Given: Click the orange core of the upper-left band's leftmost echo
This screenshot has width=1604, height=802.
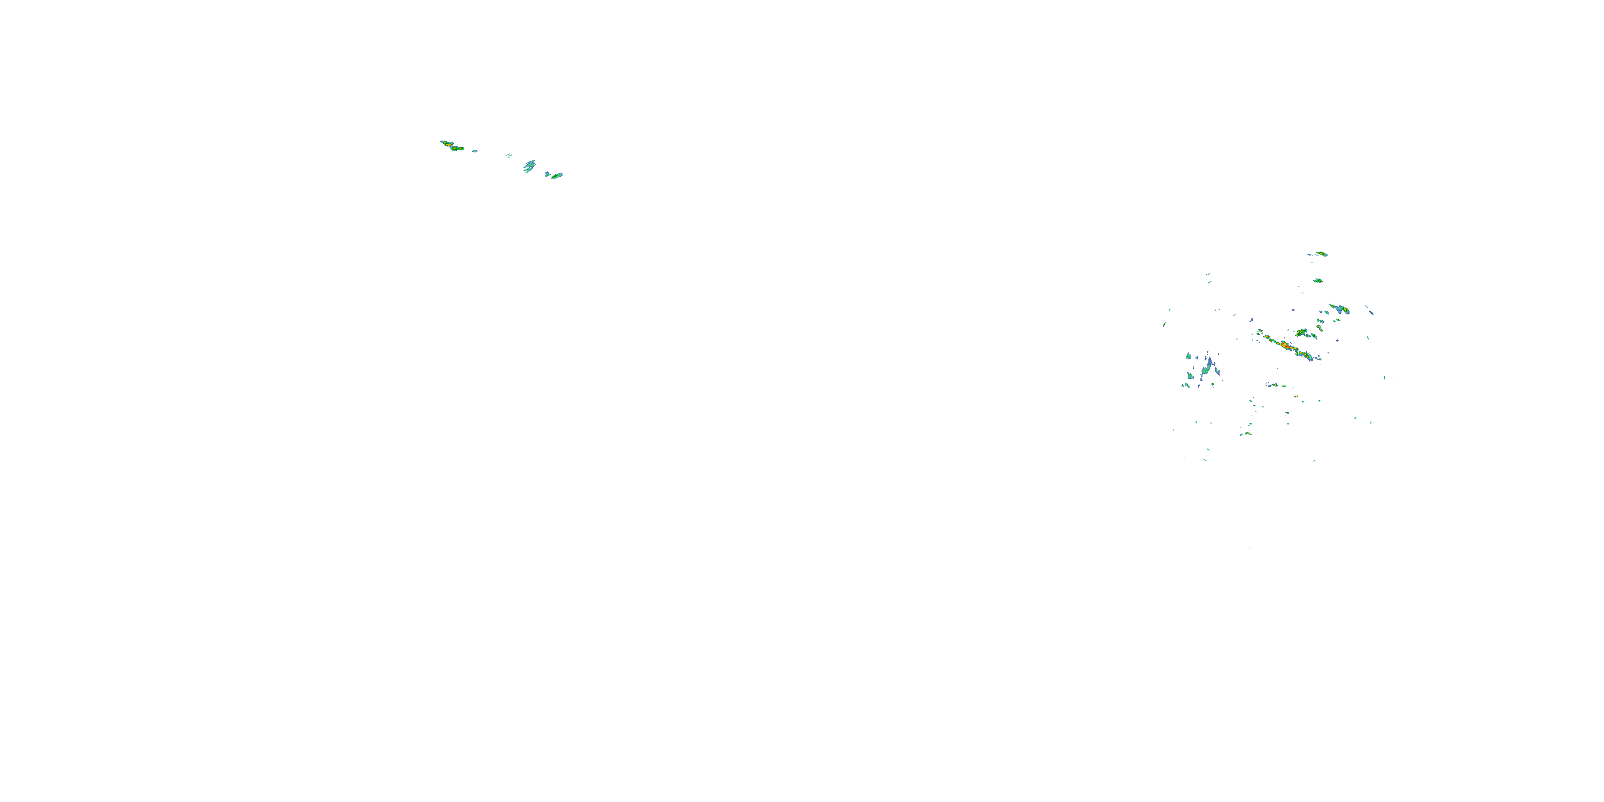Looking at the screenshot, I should [x=446, y=144].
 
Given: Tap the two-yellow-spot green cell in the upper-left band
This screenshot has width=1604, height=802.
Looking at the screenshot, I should [x=457, y=149].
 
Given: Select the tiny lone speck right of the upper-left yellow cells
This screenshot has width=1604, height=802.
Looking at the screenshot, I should [x=474, y=151].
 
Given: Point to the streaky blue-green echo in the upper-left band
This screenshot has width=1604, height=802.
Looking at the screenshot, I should [x=529, y=166].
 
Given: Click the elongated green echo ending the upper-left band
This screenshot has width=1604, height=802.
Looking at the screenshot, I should [x=556, y=175].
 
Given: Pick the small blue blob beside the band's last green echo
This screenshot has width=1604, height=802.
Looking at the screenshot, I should [x=547, y=174].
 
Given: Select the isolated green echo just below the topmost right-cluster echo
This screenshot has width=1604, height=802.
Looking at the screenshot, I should [x=1317, y=281].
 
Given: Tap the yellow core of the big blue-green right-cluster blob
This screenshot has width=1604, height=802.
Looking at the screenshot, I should [x=1345, y=310].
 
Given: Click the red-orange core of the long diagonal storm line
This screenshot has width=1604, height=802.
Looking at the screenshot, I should [x=1284, y=344].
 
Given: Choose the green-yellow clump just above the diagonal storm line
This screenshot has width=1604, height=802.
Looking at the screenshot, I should [x=1301, y=333].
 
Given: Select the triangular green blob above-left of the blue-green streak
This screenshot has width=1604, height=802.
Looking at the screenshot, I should [x=1188, y=357].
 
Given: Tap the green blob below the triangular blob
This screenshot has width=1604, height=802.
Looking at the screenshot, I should [x=1191, y=376].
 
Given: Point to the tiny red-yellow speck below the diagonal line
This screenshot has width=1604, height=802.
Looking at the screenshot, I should [x=1296, y=397].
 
